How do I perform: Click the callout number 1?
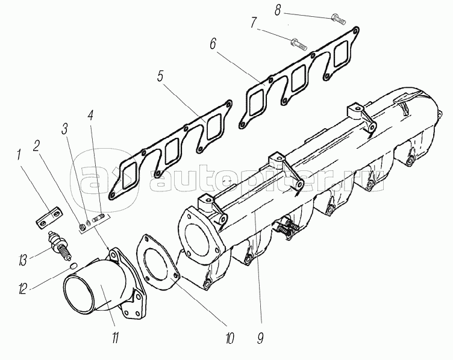(x=19, y=155)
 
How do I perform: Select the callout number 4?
(x=91, y=115)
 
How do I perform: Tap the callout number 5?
(x=160, y=76)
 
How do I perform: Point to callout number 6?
(x=213, y=44)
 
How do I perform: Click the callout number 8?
(x=278, y=11)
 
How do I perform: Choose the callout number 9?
(x=260, y=338)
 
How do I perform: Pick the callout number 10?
(x=229, y=338)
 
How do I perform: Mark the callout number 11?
(x=115, y=338)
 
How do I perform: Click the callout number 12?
(x=22, y=288)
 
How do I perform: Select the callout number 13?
(x=22, y=260)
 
